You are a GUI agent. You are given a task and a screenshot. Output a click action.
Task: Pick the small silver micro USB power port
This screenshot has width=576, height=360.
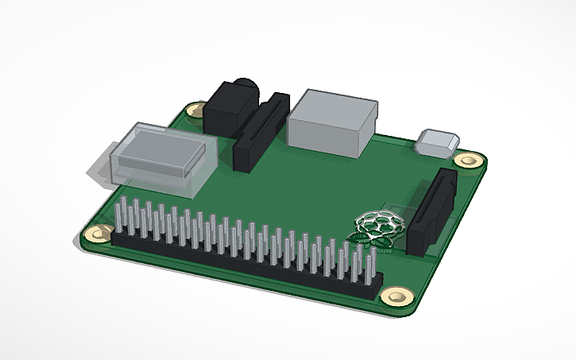(437, 143)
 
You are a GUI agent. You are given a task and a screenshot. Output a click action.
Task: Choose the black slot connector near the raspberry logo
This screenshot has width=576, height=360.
(431, 210)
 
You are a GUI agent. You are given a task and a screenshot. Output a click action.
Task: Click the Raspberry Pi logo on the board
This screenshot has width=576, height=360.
(377, 228)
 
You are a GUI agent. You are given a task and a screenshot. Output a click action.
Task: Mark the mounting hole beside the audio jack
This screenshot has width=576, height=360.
(194, 110)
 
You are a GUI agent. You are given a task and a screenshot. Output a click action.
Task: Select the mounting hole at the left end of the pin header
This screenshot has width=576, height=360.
(99, 234)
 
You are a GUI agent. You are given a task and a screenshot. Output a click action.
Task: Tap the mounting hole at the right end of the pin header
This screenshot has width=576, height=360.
(393, 296)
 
